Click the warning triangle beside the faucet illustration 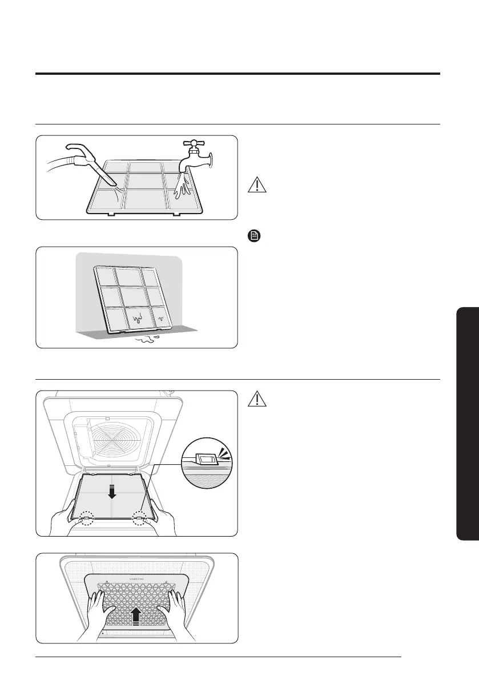258,186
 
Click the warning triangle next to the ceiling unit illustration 258,399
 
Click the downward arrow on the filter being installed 112,489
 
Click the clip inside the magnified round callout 204,458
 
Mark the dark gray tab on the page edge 468,422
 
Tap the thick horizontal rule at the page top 238,74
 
